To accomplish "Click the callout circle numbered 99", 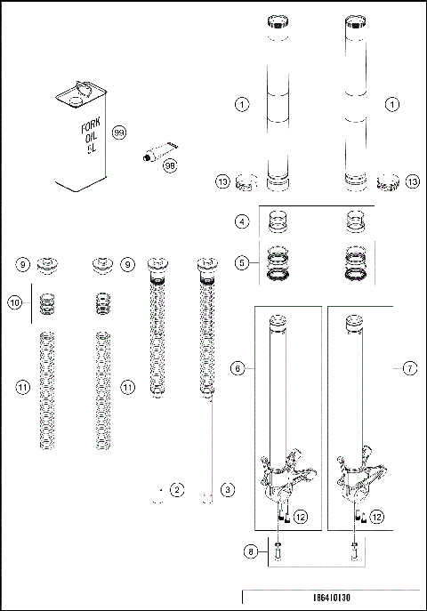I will pos(119,133).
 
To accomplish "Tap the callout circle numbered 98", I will pos(170,165).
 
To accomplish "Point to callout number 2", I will pos(178,490).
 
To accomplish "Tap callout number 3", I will pos(228,490).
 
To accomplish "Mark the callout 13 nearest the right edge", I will pos(412,181).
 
